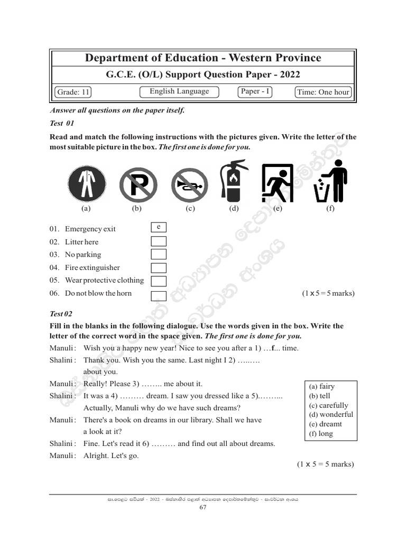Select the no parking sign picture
[137, 185]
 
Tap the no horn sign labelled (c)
[189, 185]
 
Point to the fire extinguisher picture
[234, 181]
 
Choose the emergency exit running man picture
[278, 183]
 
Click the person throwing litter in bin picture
[330, 181]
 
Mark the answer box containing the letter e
[159, 227]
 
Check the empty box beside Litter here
[159, 241]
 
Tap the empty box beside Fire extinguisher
[159, 268]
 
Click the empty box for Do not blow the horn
[159, 295]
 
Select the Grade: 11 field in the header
[73, 92]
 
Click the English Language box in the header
[179, 91]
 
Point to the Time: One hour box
[323, 92]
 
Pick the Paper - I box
[255, 91]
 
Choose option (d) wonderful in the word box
[331, 415]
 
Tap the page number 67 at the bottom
[203, 508]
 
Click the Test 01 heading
[61, 123]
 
